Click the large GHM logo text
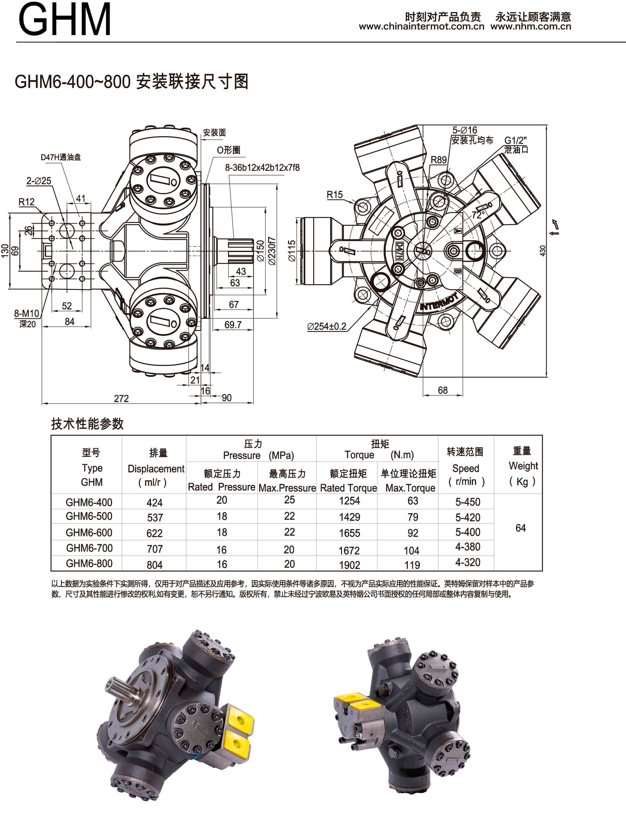coord(64,19)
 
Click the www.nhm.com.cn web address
coord(530,26)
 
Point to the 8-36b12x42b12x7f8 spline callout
coord(262,168)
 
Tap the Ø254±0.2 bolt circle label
coord(326,327)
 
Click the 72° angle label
coord(478,215)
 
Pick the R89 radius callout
coord(439,160)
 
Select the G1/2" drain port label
coord(515,140)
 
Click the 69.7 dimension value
coord(233,325)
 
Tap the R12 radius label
coord(26,202)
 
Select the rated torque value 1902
coord(349,565)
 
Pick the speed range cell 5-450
coord(468,502)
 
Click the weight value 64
coord(521,528)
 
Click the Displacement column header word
coord(156,469)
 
